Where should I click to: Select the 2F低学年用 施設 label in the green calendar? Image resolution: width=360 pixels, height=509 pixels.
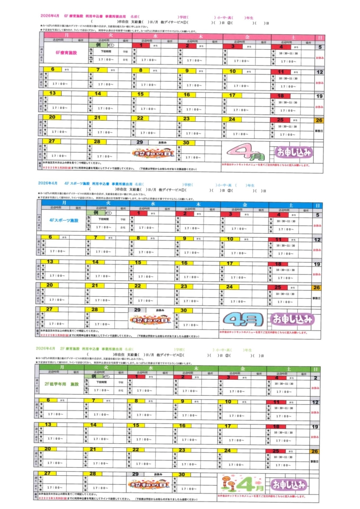[x=62, y=384]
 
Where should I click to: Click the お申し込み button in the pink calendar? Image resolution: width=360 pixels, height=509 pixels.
[x=293, y=152]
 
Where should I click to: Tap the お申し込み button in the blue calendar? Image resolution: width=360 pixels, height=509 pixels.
[x=292, y=318]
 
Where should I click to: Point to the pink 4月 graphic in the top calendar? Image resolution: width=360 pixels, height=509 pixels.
[x=242, y=151]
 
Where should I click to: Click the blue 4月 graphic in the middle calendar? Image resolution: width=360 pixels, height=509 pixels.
[x=242, y=318]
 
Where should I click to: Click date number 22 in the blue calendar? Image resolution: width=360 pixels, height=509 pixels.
[x=140, y=286]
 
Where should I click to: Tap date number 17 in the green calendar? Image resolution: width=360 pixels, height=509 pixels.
[x=227, y=426]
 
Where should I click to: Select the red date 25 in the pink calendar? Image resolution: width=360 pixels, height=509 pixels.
[x=280, y=119]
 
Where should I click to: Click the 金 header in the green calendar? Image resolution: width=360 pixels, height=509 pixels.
[x=244, y=368]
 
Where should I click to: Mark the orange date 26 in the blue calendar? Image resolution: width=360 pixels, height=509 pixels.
[x=317, y=287]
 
